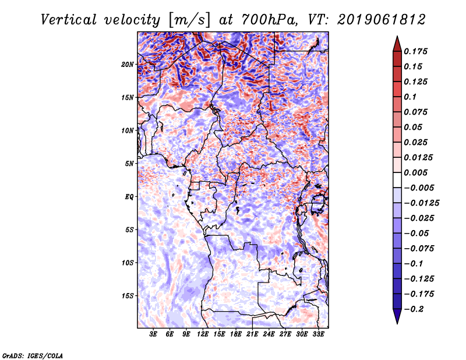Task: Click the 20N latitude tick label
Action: pos(128,64)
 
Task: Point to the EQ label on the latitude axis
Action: pos(129,196)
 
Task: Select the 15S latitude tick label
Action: pos(128,295)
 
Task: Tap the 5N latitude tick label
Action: pos(129,163)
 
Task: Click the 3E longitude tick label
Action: pos(154,335)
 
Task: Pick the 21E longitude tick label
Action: pos(252,335)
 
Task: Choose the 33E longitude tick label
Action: pos(318,335)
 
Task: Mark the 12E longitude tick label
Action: pos(203,335)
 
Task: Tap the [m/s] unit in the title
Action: pos(187,20)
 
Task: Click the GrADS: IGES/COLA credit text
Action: pos(32,354)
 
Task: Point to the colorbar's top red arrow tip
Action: pos(397,38)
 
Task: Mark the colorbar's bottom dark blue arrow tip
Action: pos(397,322)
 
